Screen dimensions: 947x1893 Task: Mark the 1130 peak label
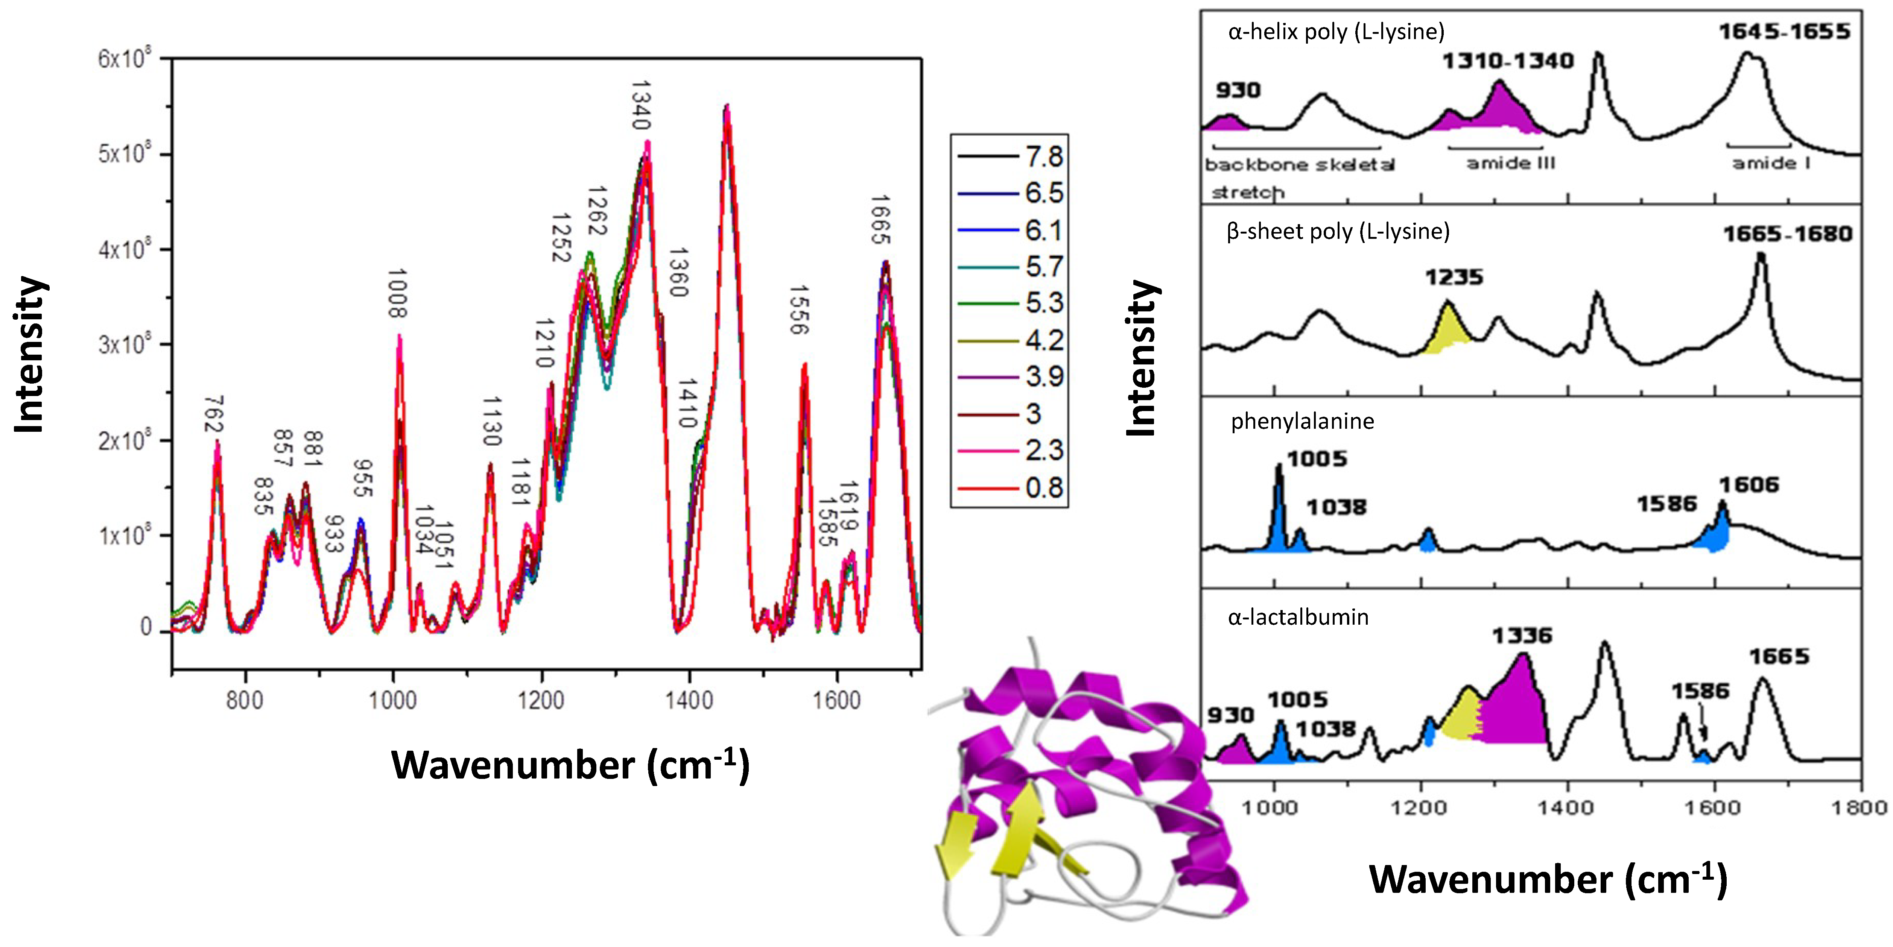492,421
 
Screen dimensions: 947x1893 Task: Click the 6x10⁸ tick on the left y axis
125,59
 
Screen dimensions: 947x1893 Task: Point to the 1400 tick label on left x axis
689,700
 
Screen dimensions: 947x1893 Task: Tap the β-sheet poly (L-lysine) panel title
1338,231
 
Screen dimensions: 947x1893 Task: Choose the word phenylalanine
1302,421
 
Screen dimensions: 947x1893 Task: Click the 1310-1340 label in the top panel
1508,61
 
